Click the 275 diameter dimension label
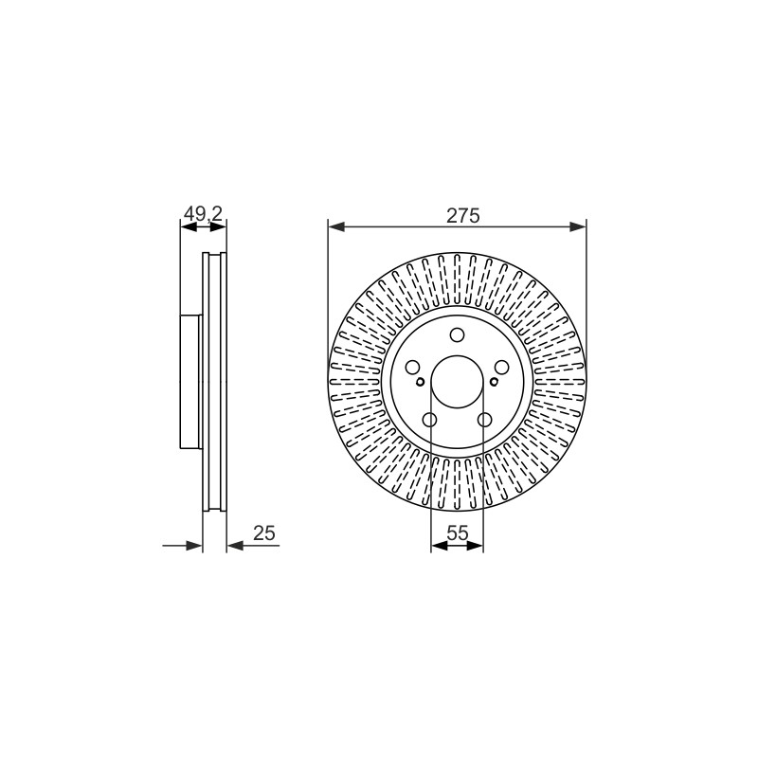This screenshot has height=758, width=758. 462,216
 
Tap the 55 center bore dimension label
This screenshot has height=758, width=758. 458,532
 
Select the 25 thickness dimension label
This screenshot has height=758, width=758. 264,532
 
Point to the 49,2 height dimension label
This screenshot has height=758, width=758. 204,214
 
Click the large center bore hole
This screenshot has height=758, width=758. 457,382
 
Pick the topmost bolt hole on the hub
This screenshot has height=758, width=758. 457,335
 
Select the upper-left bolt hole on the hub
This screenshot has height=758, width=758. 412,368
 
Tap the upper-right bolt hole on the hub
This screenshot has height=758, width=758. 502,368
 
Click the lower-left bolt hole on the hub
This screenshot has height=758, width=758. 429,420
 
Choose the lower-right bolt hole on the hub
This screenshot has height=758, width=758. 484,420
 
